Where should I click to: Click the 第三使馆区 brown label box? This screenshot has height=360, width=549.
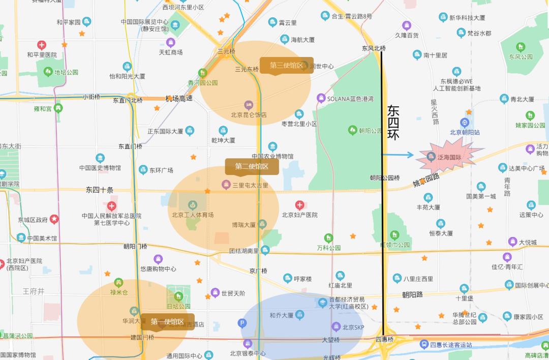pos(286,66)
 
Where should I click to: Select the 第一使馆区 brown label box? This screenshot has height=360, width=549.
pos(167,321)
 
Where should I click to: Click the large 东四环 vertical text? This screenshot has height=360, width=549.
pos(393,122)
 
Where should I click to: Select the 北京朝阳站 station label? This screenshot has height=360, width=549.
pos(465,132)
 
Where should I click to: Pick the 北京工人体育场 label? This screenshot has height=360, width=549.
pos(193,215)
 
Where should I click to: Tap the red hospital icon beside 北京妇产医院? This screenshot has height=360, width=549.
pos(300,205)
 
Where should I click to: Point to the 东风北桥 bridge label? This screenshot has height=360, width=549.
pos(374,49)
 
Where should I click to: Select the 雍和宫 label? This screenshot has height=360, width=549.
pos(43,108)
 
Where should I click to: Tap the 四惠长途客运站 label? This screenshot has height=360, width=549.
pos(451,345)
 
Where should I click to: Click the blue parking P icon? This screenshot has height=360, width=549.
pos(242,323)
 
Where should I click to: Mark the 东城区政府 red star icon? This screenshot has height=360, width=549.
pos(54,219)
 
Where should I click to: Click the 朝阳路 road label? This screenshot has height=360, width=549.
pos(412,294)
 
